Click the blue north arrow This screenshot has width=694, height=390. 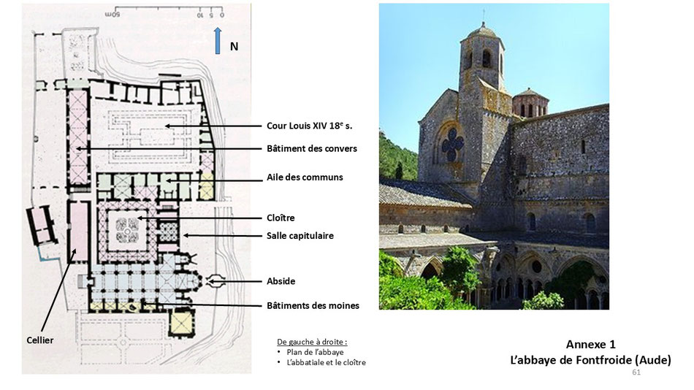[217, 41]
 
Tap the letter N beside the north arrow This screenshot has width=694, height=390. [234, 47]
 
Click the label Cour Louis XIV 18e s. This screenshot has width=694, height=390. [310, 126]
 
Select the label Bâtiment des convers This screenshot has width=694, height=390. [312, 149]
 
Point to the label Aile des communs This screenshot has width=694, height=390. [305, 177]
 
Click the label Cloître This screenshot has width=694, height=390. [281, 218]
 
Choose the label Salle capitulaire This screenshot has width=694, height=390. [300, 235]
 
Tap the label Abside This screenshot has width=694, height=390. [281, 281]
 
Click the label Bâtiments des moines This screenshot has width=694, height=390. [313, 305]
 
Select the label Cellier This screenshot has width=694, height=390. [40, 340]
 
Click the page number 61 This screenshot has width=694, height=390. [636, 372]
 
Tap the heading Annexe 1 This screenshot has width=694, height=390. [590, 345]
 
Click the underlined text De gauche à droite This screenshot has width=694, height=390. [312, 342]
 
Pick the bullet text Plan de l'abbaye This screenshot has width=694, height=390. [315, 352]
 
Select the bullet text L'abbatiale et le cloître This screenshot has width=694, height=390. [327, 362]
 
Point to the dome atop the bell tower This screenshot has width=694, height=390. [482, 31]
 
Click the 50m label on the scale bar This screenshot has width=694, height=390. [113, 15]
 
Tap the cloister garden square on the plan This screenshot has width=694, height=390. [127, 231]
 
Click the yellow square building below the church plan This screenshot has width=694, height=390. [182, 322]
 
